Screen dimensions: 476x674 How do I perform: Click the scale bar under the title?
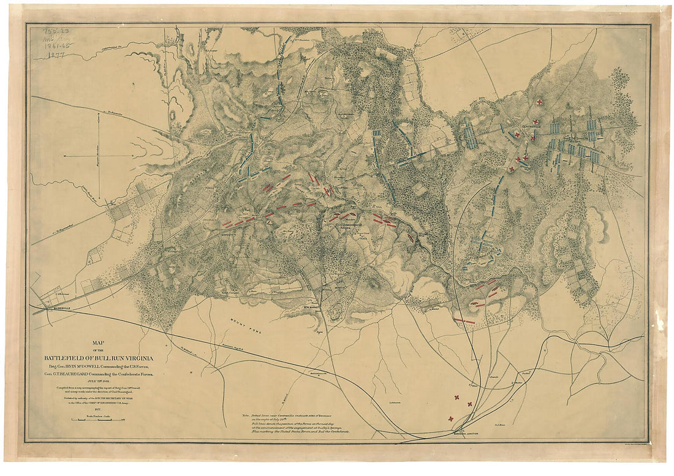click(x=98, y=420)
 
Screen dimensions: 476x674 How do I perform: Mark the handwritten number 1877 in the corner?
click(x=56, y=55)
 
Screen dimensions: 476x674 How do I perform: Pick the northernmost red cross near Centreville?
click(x=539, y=102)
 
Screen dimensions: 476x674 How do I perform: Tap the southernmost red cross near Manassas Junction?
click(x=452, y=418)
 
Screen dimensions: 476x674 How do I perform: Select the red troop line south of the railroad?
click(x=464, y=320)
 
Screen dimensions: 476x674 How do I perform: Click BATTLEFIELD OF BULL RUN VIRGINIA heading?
click(x=98, y=357)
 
